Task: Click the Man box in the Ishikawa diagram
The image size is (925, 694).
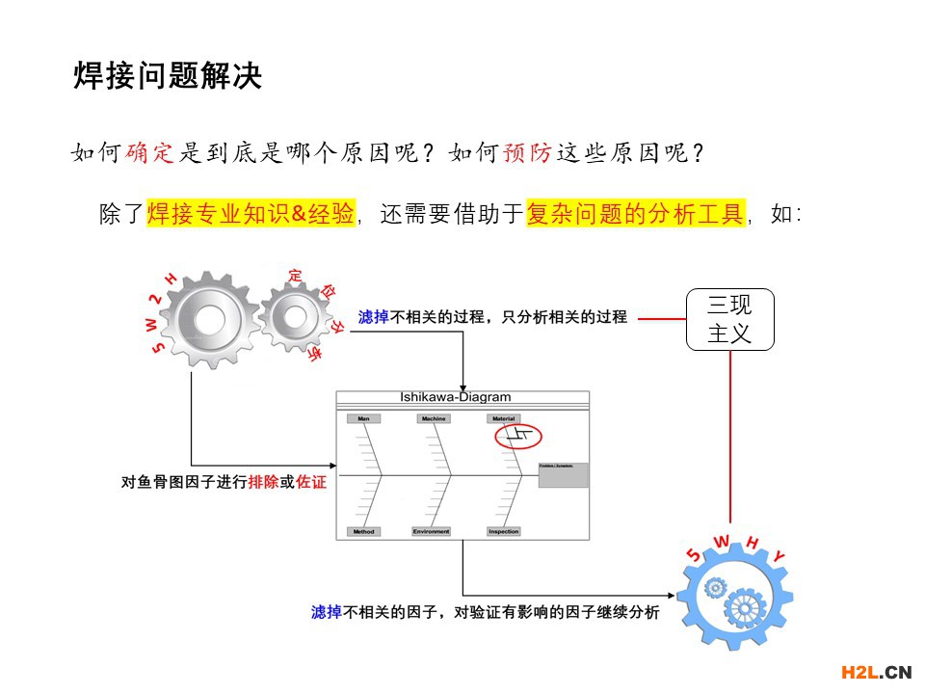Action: click(x=362, y=419)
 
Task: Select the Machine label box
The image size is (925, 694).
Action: click(x=434, y=419)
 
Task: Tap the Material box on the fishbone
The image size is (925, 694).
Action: click(x=504, y=419)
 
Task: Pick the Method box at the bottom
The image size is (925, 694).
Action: click(x=363, y=531)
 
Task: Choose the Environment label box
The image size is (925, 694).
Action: click(x=432, y=531)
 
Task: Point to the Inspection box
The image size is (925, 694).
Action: click(x=504, y=531)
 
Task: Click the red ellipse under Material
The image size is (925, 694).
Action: click(x=519, y=438)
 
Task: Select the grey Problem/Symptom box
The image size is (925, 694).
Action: click(x=563, y=475)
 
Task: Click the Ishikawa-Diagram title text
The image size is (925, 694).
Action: click(x=456, y=397)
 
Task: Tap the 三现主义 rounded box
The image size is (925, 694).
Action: click(x=729, y=319)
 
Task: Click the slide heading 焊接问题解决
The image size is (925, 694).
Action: click(x=168, y=76)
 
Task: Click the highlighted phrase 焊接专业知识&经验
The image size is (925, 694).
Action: click(x=251, y=213)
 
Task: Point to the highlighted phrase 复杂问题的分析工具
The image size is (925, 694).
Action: click(x=635, y=213)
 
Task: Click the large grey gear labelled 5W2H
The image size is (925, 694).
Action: click(x=207, y=319)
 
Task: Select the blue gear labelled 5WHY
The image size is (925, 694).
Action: click(x=734, y=599)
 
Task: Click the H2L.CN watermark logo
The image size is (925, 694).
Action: click(x=876, y=671)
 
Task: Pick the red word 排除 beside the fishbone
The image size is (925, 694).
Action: click(x=263, y=482)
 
